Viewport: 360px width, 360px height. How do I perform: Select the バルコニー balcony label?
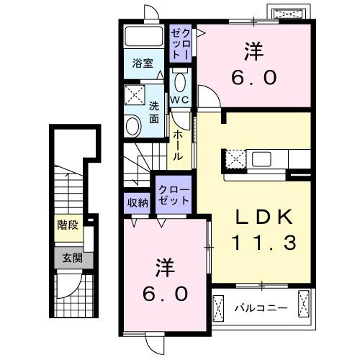click(261, 308)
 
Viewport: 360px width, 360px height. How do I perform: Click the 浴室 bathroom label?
click(141, 63)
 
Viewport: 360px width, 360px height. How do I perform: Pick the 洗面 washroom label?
click(154, 112)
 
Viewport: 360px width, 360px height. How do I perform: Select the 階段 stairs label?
click(67, 225)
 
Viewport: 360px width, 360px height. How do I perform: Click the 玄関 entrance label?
click(67, 257)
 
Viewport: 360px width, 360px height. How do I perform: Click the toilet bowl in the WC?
click(181, 81)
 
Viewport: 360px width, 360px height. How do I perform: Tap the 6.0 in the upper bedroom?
click(254, 77)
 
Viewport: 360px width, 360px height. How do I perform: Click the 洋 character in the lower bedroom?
click(165, 269)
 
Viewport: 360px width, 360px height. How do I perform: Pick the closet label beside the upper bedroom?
click(180, 43)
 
